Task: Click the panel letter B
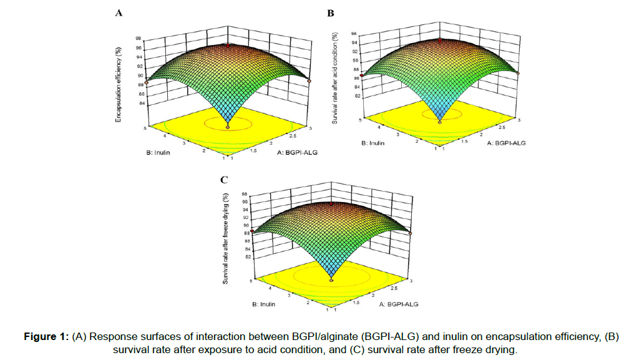331,12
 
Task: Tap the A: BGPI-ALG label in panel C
398,304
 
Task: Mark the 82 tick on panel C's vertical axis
248,256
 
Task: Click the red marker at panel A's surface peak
228,45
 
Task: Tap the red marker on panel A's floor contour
228,127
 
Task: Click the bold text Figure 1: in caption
46,336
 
